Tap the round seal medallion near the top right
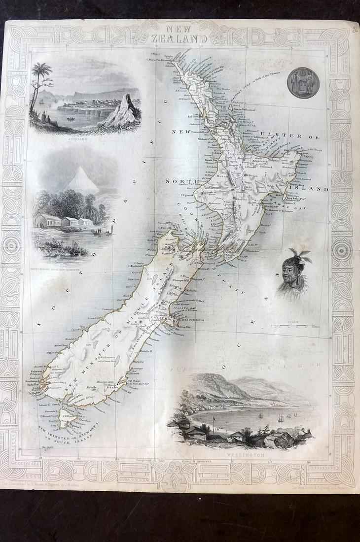pos(303,83)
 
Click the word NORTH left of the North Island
pos(181,181)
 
